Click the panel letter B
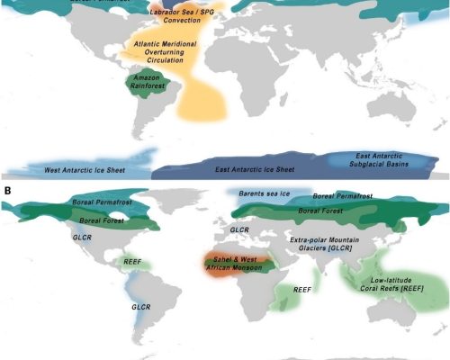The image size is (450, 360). tap(8, 190)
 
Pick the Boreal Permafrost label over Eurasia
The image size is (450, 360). tap(341, 196)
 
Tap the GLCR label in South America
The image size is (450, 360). tap(141, 306)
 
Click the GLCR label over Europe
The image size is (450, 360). tap(239, 230)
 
